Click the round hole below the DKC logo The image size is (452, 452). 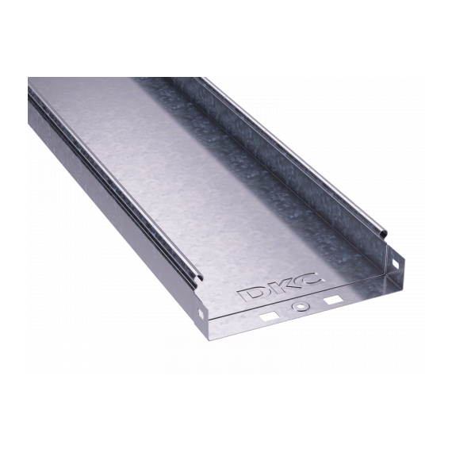click(300, 307)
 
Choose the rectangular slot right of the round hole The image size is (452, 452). click(333, 299)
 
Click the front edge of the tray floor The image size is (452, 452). click(301, 317)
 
